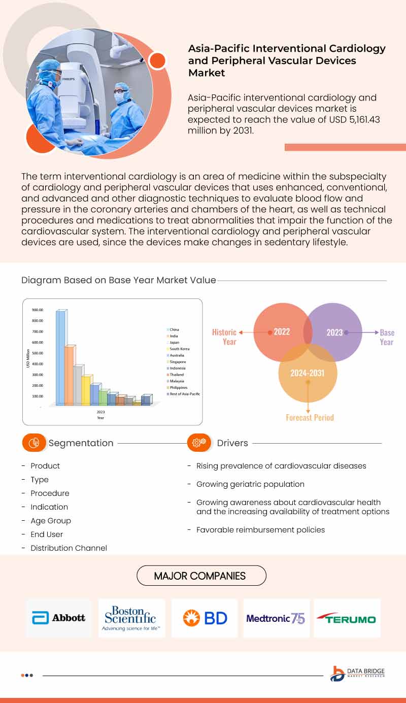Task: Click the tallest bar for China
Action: (x=60, y=358)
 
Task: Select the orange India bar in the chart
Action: (x=69, y=376)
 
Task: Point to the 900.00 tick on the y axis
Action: (x=38, y=310)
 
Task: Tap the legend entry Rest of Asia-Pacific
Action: (x=185, y=394)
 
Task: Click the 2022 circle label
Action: (x=282, y=332)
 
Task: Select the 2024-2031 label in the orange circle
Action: (x=307, y=373)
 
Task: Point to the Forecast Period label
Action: (x=310, y=418)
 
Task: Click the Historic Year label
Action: (x=224, y=337)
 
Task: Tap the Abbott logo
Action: (x=59, y=618)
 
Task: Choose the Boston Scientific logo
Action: (x=131, y=618)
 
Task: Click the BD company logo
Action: (x=205, y=618)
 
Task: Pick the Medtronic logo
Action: (x=276, y=618)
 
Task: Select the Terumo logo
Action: (x=347, y=618)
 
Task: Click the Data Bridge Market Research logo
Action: (x=357, y=674)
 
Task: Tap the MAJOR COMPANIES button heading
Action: (x=201, y=576)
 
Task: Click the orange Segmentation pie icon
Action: (x=34, y=443)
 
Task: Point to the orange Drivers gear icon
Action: (x=199, y=443)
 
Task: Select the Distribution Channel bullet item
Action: (x=69, y=548)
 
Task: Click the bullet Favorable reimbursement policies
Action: (x=260, y=530)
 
